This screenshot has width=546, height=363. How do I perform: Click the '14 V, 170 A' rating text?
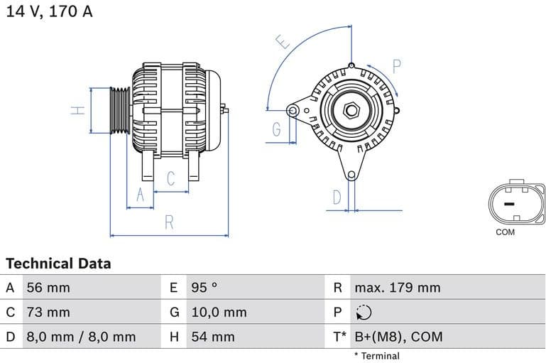[x=49, y=12]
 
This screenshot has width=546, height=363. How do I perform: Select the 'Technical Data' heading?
[x=58, y=264]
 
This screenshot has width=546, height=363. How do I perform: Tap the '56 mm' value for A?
[x=48, y=288]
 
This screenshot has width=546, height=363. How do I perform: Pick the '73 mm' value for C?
[x=48, y=312]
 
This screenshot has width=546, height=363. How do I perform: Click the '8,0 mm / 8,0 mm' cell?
[x=80, y=336]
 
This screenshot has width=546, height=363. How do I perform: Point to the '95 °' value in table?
[x=204, y=288]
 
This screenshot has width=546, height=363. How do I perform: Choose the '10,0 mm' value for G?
[x=219, y=312]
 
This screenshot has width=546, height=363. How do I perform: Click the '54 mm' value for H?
[x=212, y=336]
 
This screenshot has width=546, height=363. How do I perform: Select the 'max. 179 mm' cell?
[x=397, y=288]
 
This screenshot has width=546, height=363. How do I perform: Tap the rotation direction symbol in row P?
[x=363, y=312]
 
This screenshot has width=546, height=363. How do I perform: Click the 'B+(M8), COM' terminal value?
[x=398, y=336]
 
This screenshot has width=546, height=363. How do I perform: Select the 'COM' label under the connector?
[x=506, y=232]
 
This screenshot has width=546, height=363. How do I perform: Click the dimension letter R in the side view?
[x=169, y=222]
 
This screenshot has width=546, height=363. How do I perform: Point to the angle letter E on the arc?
[x=284, y=42]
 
